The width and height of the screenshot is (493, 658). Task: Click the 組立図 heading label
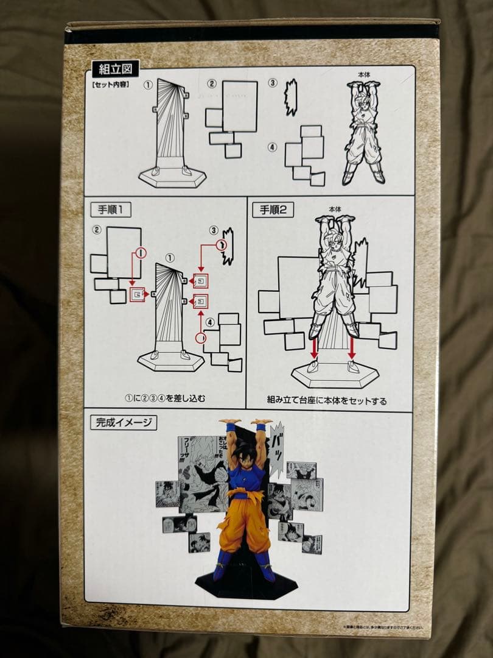[116, 68]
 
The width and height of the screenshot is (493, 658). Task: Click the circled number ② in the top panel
[212, 84]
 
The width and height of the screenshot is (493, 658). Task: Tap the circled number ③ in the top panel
[273, 83]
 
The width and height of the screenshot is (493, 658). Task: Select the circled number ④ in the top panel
[272, 147]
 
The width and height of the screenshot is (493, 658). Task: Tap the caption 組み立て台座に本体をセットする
[326, 400]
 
